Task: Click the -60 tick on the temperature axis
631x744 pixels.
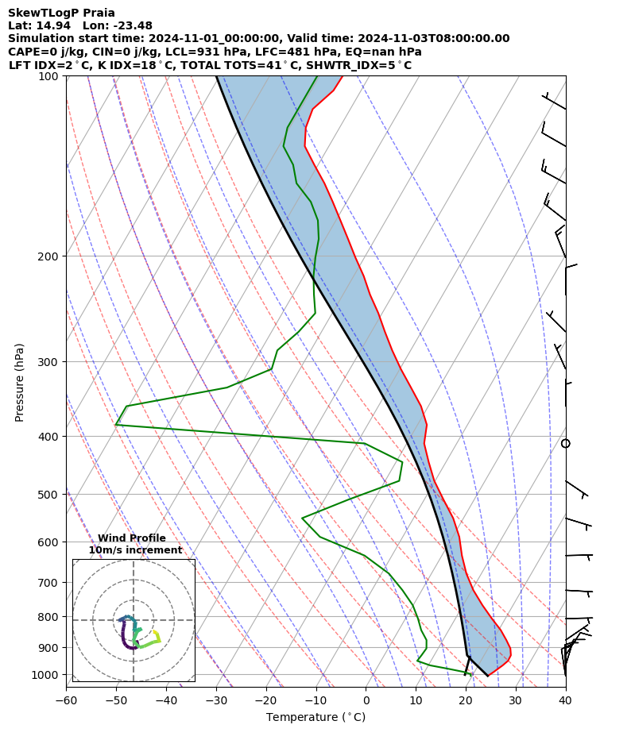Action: pyautogui.click(x=66, y=700)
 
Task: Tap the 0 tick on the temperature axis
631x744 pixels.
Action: pyautogui.click(x=366, y=700)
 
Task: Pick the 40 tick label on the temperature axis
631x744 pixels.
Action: pyautogui.click(x=565, y=700)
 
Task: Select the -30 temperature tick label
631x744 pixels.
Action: pyautogui.click(x=216, y=700)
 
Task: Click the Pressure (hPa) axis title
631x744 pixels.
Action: pyautogui.click(x=20, y=382)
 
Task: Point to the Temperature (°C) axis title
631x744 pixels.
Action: pyautogui.click(x=315, y=718)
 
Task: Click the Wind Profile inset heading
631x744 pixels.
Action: pyautogui.click(x=132, y=538)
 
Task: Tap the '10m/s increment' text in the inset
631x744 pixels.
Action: pyautogui.click(x=135, y=550)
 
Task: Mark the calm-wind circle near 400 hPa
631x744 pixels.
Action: pyautogui.click(x=566, y=443)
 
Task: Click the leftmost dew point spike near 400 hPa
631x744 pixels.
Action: pyautogui.click(x=116, y=424)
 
